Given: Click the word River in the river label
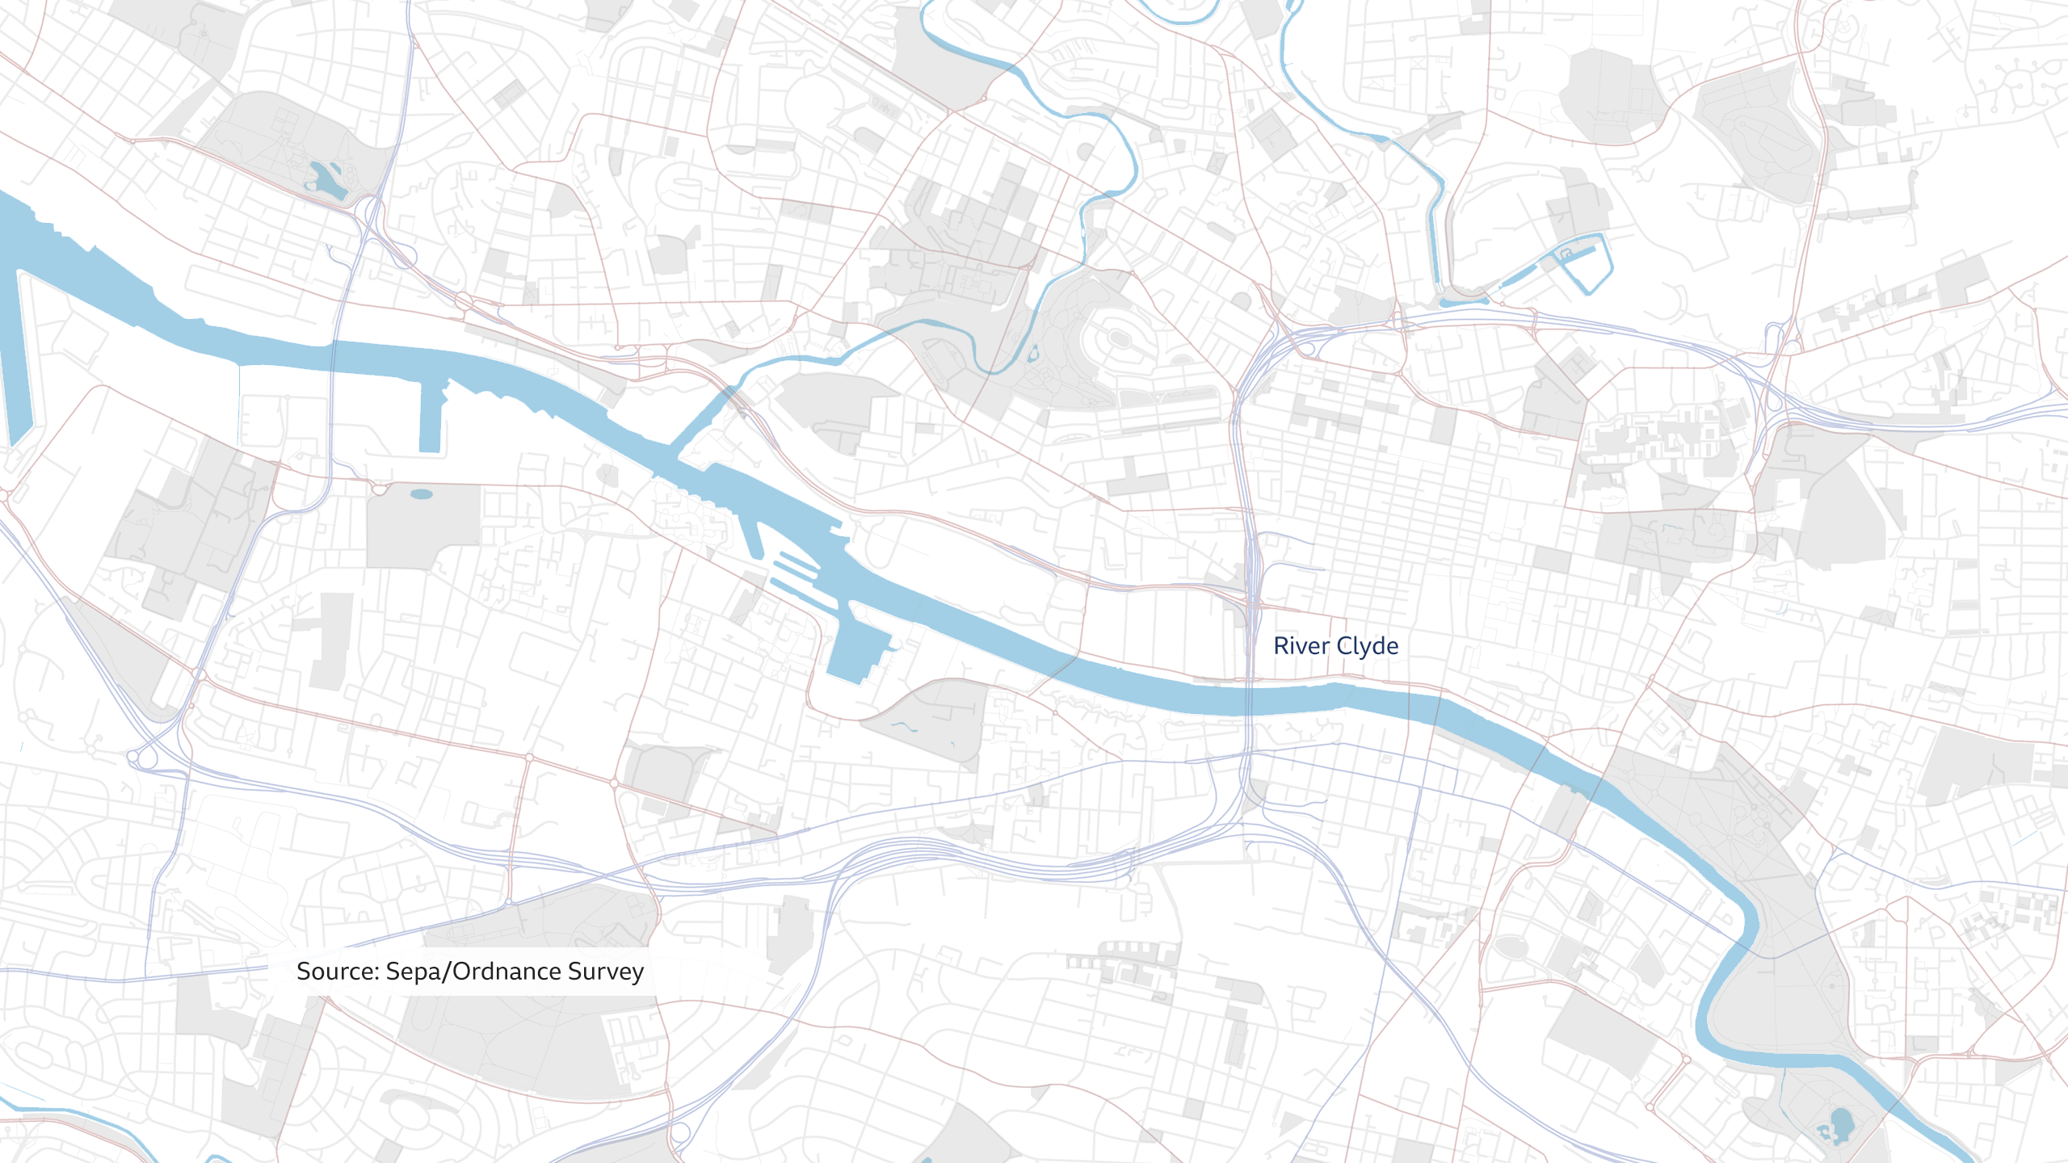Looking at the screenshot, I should click(1301, 646).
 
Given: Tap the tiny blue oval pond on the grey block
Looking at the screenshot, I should click(422, 494).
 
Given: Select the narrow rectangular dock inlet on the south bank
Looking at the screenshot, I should click(431, 420).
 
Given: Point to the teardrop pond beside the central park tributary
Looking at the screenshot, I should click(1033, 352).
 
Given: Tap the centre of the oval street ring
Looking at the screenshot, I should click(1119, 338).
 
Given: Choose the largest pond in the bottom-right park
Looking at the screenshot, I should click(1841, 1123).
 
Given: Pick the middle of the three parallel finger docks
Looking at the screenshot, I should click(796, 569).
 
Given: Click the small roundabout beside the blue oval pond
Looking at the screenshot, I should click(380, 489).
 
